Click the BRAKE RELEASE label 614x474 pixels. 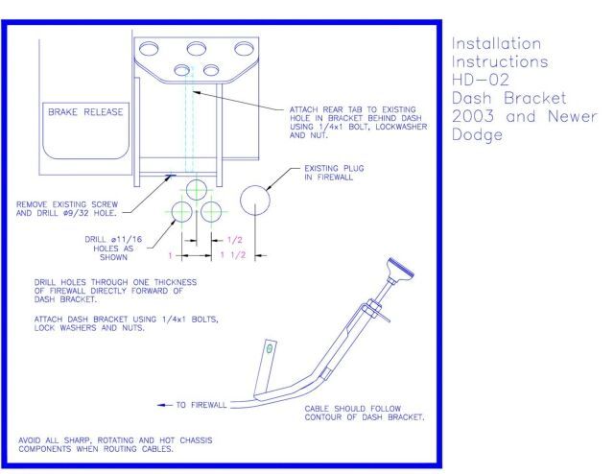(x=86, y=112)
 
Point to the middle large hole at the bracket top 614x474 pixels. (x=197, y=50)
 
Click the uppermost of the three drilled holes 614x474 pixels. (x=196, y=188)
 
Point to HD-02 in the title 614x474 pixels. (x=471, y=76)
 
